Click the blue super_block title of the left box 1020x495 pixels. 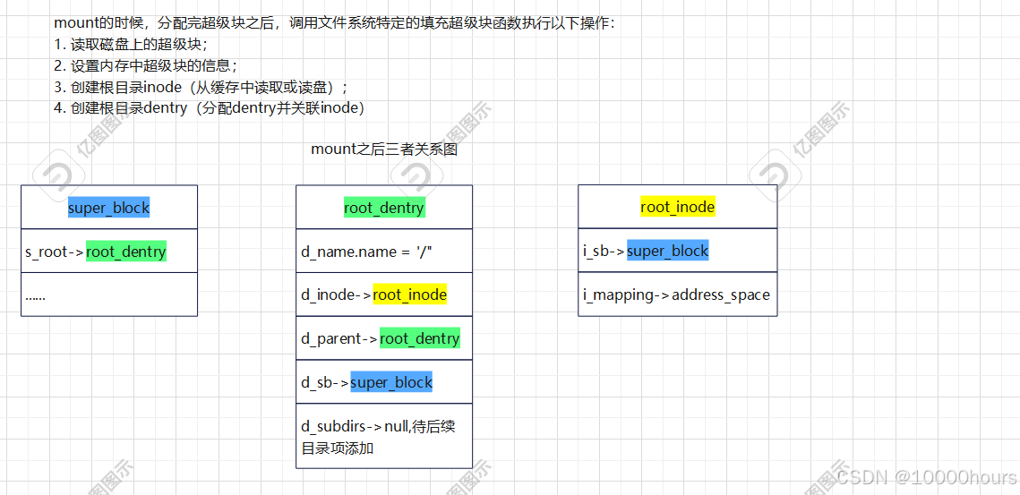(x=108, y=208)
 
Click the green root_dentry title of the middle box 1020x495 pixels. (x=384, y=208)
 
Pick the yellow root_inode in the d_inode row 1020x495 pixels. (x=409, y=294)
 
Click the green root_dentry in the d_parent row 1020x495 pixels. (x=419, y=338)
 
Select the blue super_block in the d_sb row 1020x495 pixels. (x=391, y=382)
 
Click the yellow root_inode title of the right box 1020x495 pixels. (x=678, y=207)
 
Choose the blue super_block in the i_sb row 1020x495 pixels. (x=667, y=251)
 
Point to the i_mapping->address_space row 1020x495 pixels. (x=676, y=294)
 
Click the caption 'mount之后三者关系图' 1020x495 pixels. (x=384, y=149)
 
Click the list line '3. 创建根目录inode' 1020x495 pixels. (x=200, y=87)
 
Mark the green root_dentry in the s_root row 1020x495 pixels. (x=126, y=252)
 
